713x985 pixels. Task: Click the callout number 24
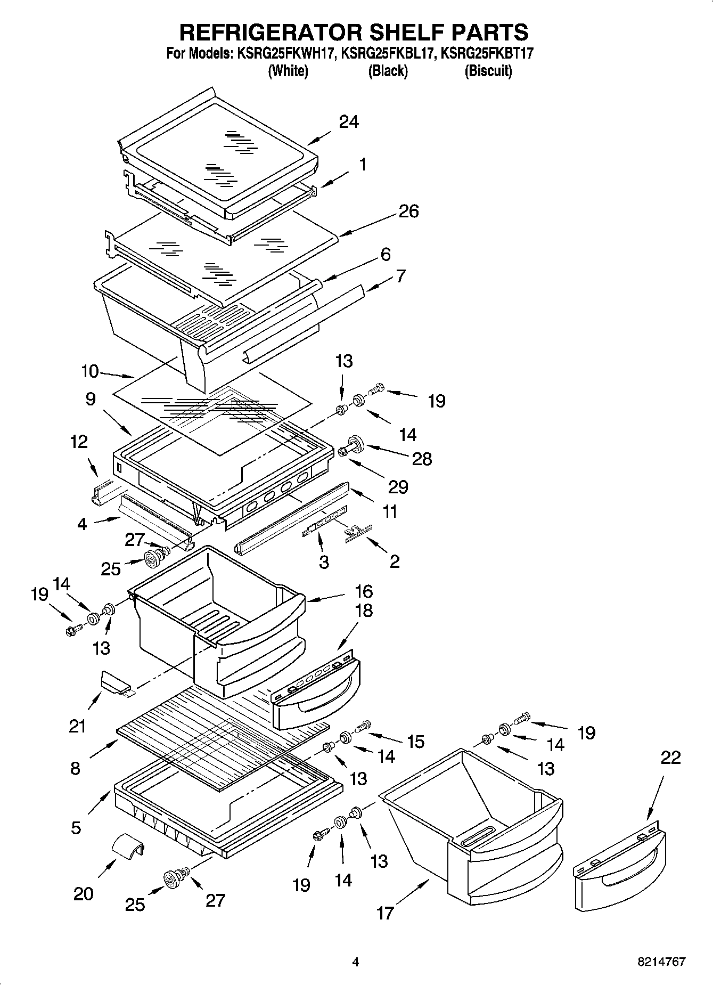[x=349, y=122]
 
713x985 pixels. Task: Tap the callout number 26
[x=408, y=211]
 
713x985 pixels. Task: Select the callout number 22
[x=670, y=758]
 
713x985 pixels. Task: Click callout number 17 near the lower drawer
[x=385, y=913]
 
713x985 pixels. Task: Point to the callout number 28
[x=422, y=459]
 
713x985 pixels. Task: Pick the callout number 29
[x=398, y=486]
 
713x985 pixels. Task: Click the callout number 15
[x=415, y=741]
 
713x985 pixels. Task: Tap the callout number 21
[x=77, y=726]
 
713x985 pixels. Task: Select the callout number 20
[x=84, y=893]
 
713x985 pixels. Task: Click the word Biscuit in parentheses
[x=488, y=71]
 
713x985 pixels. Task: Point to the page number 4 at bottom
[x=356, y=962]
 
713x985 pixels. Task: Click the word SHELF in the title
[x=402, y=32]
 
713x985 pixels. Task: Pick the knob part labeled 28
[x=354, y=442]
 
